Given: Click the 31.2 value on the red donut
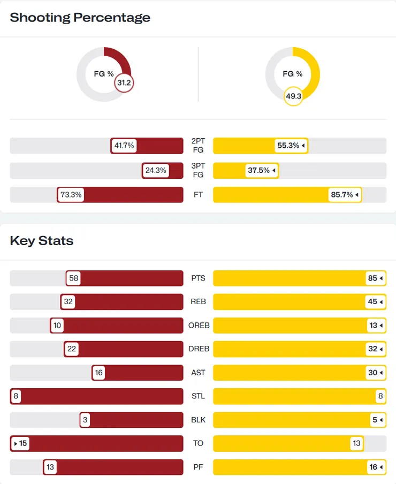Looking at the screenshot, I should [124, 83].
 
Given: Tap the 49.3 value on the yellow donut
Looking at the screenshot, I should [293, 96].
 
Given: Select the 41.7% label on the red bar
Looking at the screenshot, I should [124, 146].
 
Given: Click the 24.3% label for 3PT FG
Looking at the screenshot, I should [156, 171].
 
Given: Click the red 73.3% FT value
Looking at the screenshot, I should [71, 195].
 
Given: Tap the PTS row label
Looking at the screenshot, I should [198, 278].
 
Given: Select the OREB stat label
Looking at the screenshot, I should [198, 326].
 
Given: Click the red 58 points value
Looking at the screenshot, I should [74, 278].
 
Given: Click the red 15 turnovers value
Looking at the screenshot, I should [22, 443].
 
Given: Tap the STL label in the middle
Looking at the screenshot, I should [198, 396].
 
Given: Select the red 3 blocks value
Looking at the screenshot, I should [85, 420].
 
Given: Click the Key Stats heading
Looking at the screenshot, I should [42, 240].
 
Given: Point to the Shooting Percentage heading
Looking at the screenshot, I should [80, 17].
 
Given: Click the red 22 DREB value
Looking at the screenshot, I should [71, 349].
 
